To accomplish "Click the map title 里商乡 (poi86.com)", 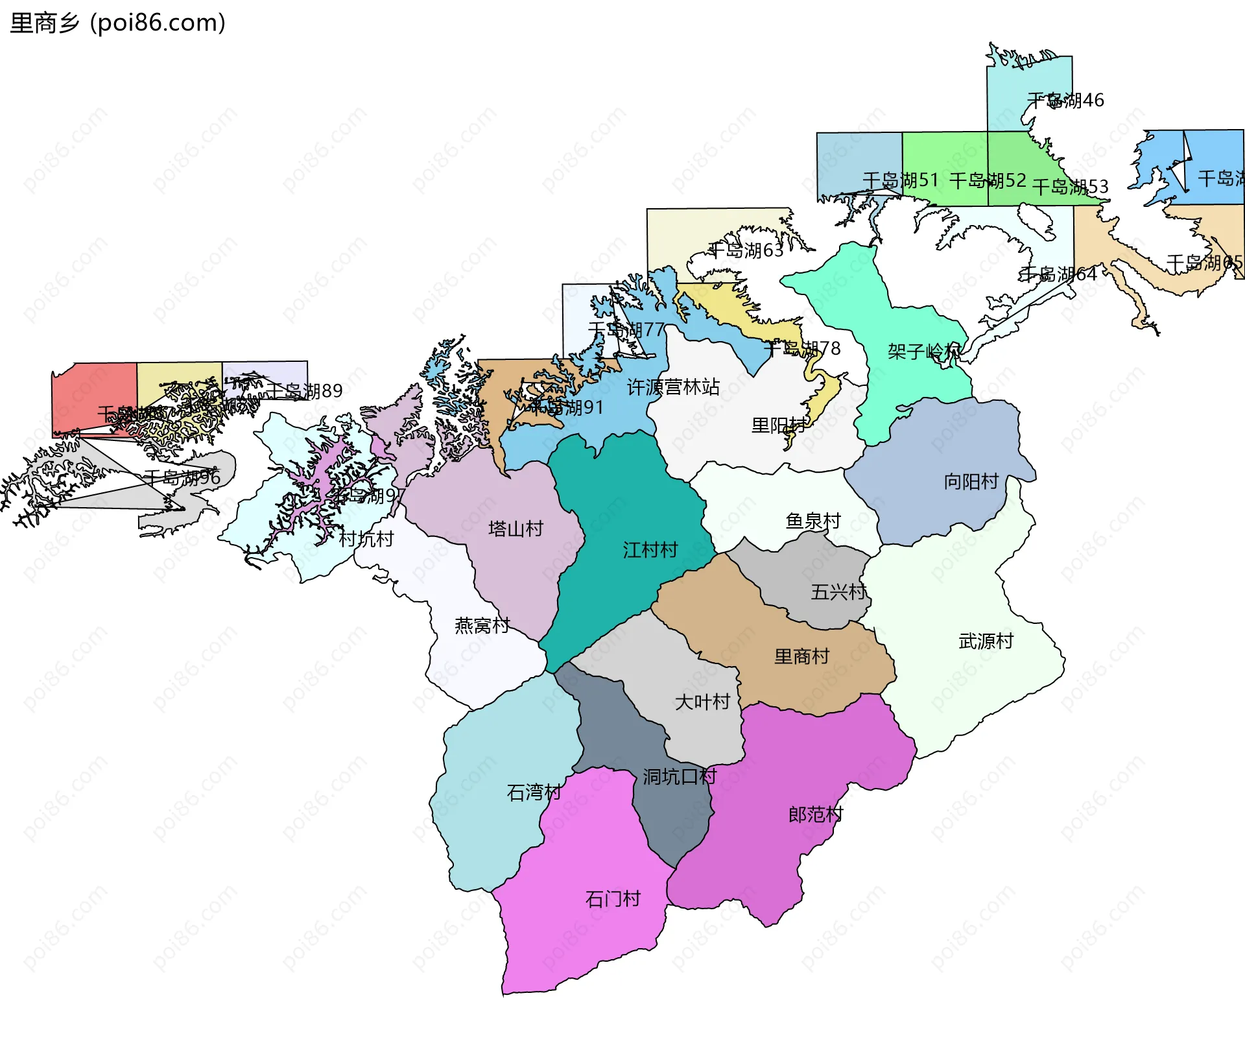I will click(117, 23).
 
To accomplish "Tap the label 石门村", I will click(613, 899).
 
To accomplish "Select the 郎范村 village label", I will click(815, 814).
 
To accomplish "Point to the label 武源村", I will click(986, 641).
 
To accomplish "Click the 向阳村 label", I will click(971, 481).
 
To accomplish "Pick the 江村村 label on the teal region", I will click(650, 550).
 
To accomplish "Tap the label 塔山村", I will click(516, 529).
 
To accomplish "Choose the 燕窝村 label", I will click(482, 625).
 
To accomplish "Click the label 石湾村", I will click(534, 792).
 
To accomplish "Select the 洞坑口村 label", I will click(680, 776).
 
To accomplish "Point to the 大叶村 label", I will click(702, 702).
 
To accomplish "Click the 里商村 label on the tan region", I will click(801, 656).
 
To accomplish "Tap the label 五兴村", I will click(838, 591).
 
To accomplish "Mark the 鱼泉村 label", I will click(813, 521).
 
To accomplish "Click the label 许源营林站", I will click(673, 387).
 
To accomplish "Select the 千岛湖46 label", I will click(1065, 101).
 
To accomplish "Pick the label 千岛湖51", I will click(901, 180).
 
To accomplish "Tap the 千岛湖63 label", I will click(746, 250).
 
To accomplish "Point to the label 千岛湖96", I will click(182, 478).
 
